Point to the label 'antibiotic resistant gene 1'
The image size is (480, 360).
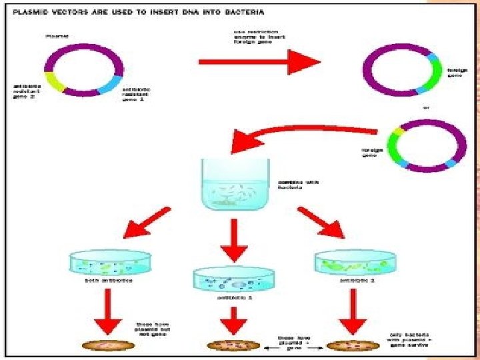pos(135,94)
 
